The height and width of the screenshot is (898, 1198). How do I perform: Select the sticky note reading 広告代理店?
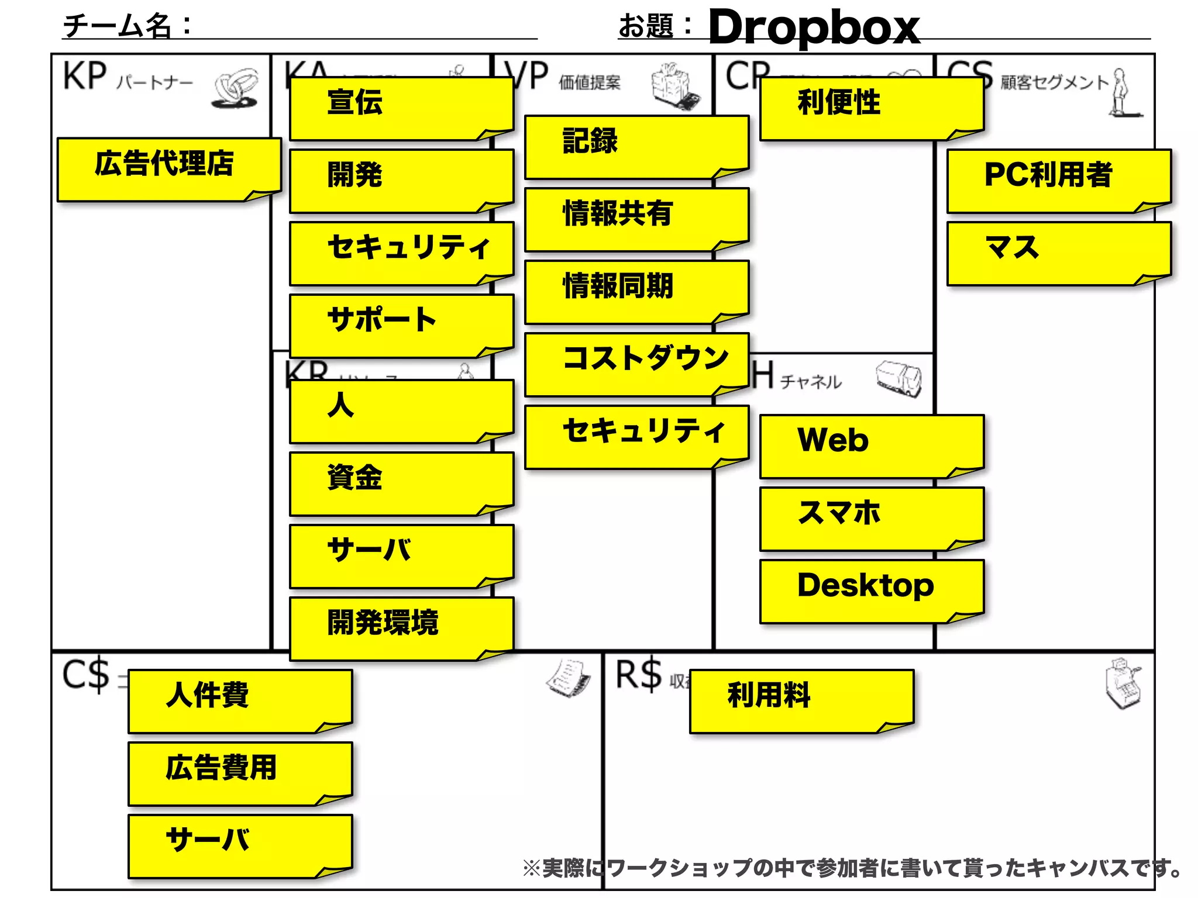[168, 170]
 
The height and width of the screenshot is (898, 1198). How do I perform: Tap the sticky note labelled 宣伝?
[401, 108]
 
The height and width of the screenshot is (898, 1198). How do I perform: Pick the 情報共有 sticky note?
[636, 219]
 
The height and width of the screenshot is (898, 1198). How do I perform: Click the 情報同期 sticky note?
[636, 292]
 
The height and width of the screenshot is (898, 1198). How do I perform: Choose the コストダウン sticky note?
[636, 364]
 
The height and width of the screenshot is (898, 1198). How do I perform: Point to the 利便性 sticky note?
[872, 108]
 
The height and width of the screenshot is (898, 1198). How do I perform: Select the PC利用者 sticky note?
[1059, 181]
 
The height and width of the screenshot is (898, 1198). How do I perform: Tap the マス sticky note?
[1059, 253]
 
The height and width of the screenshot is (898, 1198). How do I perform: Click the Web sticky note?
[872, 446]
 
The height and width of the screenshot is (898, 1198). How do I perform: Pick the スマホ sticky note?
[872, 519]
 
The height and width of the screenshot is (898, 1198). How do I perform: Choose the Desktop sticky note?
[872, 591]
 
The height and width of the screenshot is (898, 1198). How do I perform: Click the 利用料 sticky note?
[801, 701]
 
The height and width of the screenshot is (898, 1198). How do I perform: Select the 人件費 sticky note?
[240, 701]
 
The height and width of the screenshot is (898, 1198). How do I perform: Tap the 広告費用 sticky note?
[240, 773]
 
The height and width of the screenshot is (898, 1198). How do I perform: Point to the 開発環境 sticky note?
[401, 628]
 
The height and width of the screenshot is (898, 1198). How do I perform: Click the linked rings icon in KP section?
[235, 89]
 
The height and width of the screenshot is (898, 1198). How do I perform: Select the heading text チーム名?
[117, 26]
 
